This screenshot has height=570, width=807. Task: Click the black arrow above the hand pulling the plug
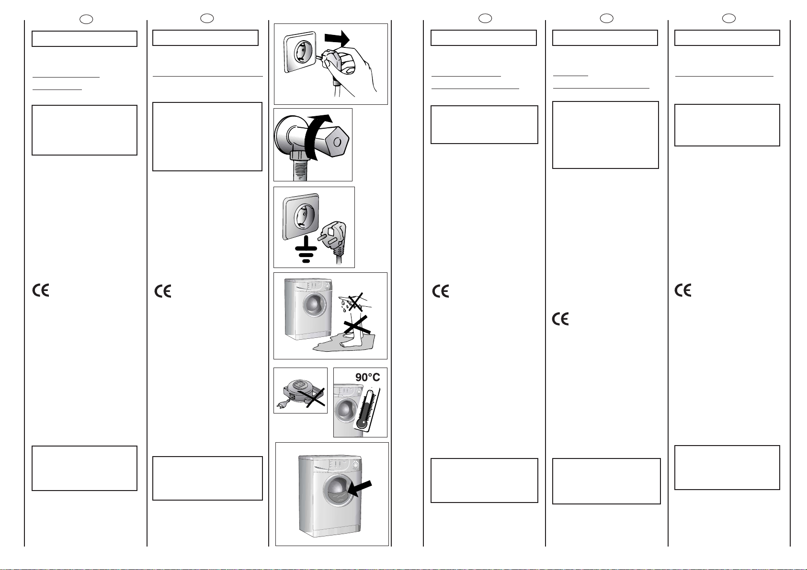click(x=337, y=39)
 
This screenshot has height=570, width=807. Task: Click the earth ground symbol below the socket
click(x=306, y=249)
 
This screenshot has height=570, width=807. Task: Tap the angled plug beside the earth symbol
click(x=333, y=239)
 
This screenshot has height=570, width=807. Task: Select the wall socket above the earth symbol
click(x=301, y=216)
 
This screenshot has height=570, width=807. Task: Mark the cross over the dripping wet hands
click(x=355, y=302)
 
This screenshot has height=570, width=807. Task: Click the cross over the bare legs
click(x=357, y=325)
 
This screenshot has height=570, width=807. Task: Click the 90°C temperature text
click(x=367, y=377)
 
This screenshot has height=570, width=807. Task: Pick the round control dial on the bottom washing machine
click(x=355, y=466)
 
